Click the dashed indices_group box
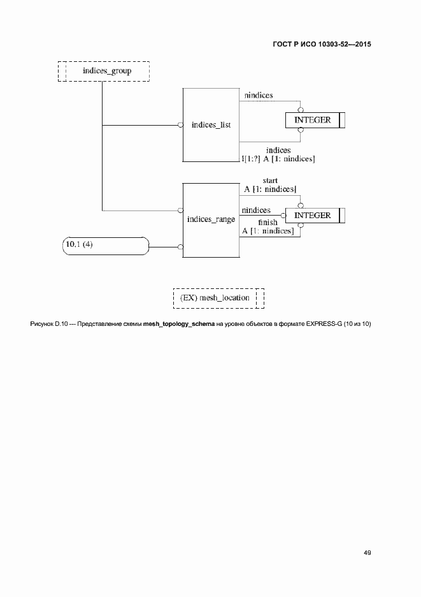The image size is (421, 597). (103, 71)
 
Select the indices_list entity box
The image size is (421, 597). (211, 125)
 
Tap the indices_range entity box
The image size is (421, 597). (211, 219)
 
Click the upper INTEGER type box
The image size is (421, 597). (312, 120)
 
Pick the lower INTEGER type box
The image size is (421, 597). (312, 216)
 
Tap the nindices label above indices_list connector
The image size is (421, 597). (259, 95)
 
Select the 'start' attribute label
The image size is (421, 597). (269, 181)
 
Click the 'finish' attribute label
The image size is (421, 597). (268, 223)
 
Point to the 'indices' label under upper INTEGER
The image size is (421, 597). (278, 150)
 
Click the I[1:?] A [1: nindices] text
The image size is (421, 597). (278, 158)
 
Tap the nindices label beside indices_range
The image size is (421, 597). (255, 210)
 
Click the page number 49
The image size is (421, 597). (367, 552)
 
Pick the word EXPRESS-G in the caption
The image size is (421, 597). (324, 324)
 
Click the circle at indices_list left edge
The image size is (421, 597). (180, 125)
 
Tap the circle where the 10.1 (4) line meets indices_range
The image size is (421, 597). (180, 246)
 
